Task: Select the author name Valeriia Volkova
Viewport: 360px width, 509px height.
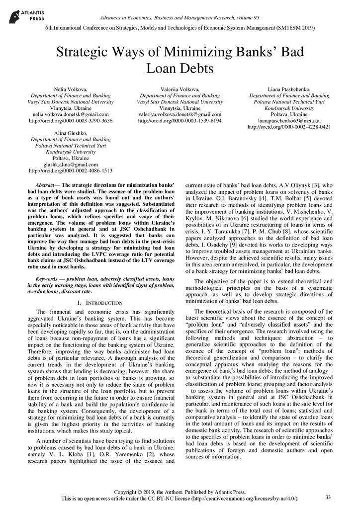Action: (180, 89)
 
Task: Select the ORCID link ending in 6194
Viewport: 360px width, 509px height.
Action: (180, 121)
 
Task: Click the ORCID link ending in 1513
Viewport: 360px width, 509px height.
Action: (71, 171)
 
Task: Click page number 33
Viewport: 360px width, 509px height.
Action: (328, 497)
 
